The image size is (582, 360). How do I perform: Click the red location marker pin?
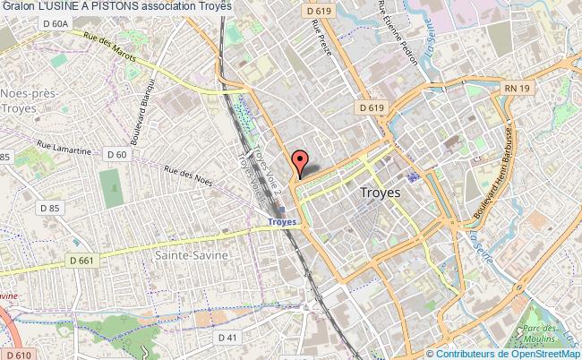pos(299,162)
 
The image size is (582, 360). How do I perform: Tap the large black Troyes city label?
pos(380,192)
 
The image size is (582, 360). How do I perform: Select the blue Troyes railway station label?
pos(281,221)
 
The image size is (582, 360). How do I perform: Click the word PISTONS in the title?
pos(114,5)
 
